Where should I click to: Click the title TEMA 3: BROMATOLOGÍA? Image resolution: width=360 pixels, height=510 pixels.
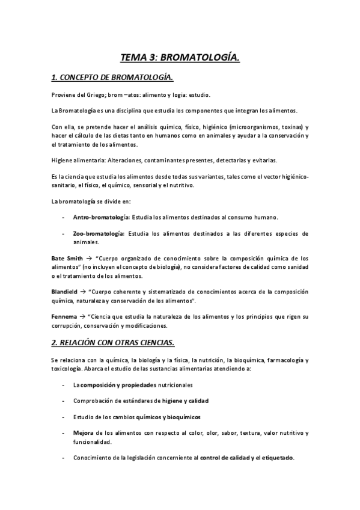[x=180, y=57]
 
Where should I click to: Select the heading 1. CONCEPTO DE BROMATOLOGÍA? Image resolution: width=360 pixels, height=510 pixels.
[x=112, y=77]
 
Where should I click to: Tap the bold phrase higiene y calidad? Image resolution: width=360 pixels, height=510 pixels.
[x=185, y=400]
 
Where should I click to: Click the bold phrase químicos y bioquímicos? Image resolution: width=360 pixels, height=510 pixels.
[x=168, y=416]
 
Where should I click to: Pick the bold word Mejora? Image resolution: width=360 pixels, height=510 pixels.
[x=83, y=432]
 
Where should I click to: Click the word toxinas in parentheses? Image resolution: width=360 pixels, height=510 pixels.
[x=289, y=127]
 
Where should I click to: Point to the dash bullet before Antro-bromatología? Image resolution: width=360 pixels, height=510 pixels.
[x=63, y=217]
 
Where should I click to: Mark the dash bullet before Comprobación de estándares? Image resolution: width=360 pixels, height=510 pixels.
[x=63, y=400]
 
